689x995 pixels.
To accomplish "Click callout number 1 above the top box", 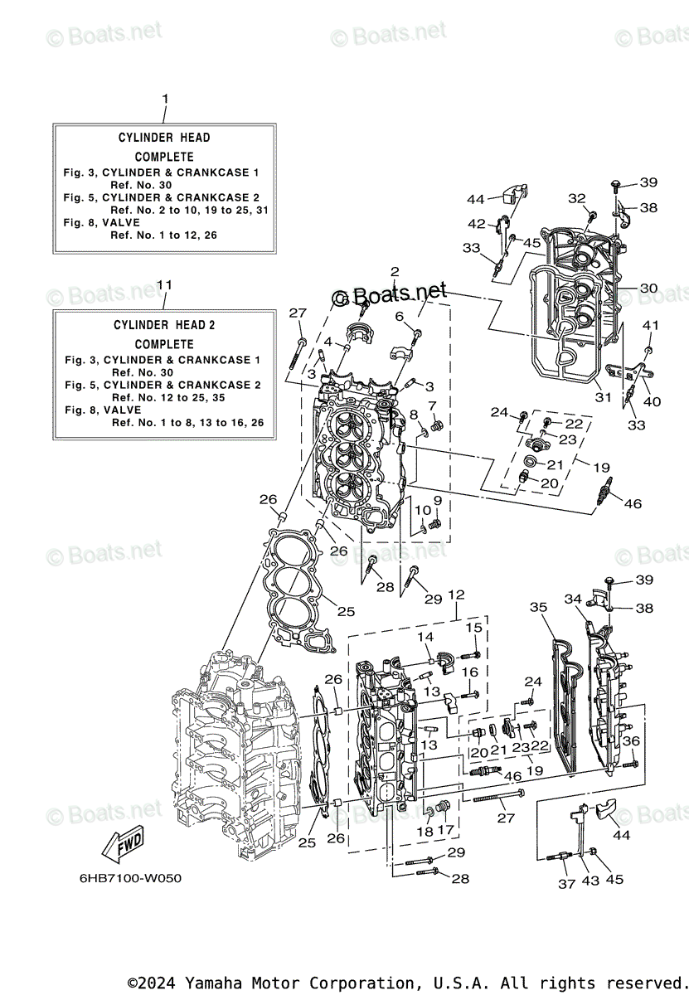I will pos(165,99).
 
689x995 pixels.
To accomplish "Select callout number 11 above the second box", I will pos(165,284).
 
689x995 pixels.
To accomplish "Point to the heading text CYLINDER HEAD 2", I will pos(164,325).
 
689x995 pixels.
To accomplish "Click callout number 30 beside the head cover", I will pos(648,289).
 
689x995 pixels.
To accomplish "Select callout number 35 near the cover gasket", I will pos(539,608).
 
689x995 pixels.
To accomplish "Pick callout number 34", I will pos(574,599).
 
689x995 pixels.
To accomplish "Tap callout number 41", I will pos(651,325).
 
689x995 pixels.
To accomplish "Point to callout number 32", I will pos(576,198).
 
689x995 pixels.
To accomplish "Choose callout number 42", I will pos(477,224).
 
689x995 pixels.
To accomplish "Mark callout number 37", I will pos(566,884).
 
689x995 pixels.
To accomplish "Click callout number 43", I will pos(593,879).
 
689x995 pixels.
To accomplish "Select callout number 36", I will pos(631,740).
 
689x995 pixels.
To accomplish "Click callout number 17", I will pos(445,830).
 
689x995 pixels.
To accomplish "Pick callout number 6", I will pos(399,316).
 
